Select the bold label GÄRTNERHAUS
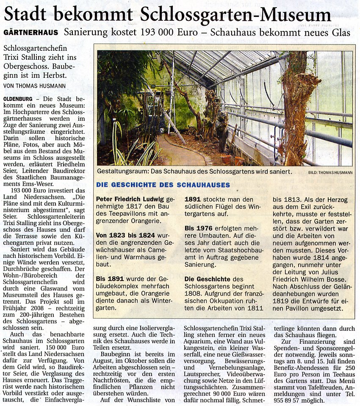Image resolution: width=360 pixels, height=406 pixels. click(31, 33)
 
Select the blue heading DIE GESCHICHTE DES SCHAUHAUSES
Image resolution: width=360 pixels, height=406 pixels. click(163, 185)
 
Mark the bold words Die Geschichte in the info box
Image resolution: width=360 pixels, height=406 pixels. click(208, 279)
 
